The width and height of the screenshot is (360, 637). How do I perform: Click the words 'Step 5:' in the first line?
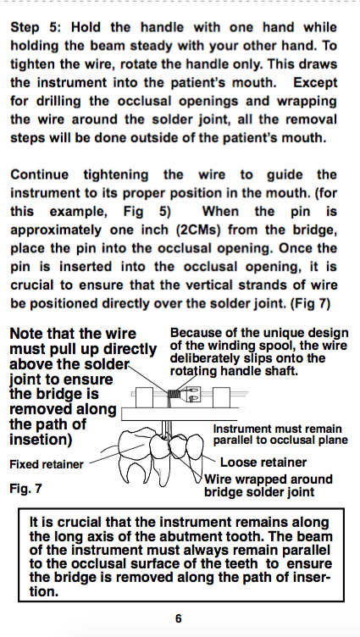[36, 28]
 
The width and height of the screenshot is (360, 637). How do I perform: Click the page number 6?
[179, 618]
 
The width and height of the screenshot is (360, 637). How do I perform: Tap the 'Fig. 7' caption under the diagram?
[25, 488]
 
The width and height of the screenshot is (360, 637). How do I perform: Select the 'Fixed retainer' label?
[47, 464]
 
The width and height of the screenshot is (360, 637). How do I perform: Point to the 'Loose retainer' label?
[263, 463]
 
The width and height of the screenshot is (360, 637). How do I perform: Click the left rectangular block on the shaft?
[144, 397]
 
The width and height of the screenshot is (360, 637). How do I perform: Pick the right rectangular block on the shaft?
[221, 397]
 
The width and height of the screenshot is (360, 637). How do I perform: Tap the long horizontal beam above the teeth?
[180, 414]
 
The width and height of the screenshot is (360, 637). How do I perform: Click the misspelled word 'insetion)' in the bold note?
[41, 440]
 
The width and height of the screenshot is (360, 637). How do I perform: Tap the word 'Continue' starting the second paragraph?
[39, 175]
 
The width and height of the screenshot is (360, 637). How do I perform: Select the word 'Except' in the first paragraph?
[315, 83]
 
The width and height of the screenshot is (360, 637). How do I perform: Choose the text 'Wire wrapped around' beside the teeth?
[269, 479]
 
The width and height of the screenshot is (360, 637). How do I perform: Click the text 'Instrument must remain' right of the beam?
[278, 429]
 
